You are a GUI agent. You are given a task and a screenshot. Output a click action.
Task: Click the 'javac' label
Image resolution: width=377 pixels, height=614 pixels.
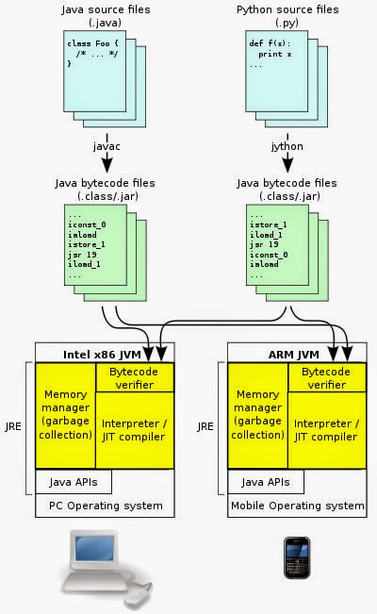point(107,146)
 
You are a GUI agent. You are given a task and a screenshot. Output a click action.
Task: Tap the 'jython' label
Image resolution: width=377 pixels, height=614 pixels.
point(287,146)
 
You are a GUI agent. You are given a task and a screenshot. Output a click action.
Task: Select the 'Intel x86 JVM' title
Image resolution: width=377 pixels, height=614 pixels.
point(102,355)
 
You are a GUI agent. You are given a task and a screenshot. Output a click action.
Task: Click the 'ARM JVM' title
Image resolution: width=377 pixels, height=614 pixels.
point(294,355)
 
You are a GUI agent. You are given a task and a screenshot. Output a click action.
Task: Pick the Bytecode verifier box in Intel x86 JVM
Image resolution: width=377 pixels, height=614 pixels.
point(135,377)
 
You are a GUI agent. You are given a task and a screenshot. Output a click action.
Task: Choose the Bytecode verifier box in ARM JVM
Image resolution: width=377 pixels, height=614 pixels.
point(327,377)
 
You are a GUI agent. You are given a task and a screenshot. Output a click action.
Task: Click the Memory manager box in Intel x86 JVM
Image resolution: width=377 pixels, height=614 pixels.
point(65,415)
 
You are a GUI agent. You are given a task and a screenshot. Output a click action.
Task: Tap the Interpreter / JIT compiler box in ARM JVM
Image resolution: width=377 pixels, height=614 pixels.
point(327,430)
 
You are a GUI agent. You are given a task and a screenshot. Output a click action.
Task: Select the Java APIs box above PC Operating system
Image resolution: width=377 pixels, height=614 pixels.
point(74,482)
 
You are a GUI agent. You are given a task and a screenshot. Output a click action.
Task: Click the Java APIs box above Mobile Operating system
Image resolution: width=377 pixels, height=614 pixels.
point(266,482)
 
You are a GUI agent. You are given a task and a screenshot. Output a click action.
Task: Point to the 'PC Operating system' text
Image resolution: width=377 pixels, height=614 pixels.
point(106,506)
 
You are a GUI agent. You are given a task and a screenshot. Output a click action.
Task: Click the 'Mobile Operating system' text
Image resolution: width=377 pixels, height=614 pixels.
point(298,506)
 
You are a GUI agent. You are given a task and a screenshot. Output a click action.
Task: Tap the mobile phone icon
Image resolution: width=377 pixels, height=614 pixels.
point(297,557)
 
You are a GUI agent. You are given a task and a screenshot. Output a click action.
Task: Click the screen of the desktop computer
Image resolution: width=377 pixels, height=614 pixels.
point(94,548)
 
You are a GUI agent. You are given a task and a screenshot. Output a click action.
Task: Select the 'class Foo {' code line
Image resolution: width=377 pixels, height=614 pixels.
point(92,43)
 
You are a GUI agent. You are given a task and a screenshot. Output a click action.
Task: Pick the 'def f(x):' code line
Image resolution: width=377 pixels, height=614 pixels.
point(270,43)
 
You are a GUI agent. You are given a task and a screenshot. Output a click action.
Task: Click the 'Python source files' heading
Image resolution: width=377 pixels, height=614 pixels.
point(287,9)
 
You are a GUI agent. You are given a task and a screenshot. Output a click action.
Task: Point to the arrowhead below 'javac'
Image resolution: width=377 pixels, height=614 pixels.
point(107,165)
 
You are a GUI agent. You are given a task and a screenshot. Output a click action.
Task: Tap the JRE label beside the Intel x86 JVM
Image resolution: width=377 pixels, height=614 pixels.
point(13,426)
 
